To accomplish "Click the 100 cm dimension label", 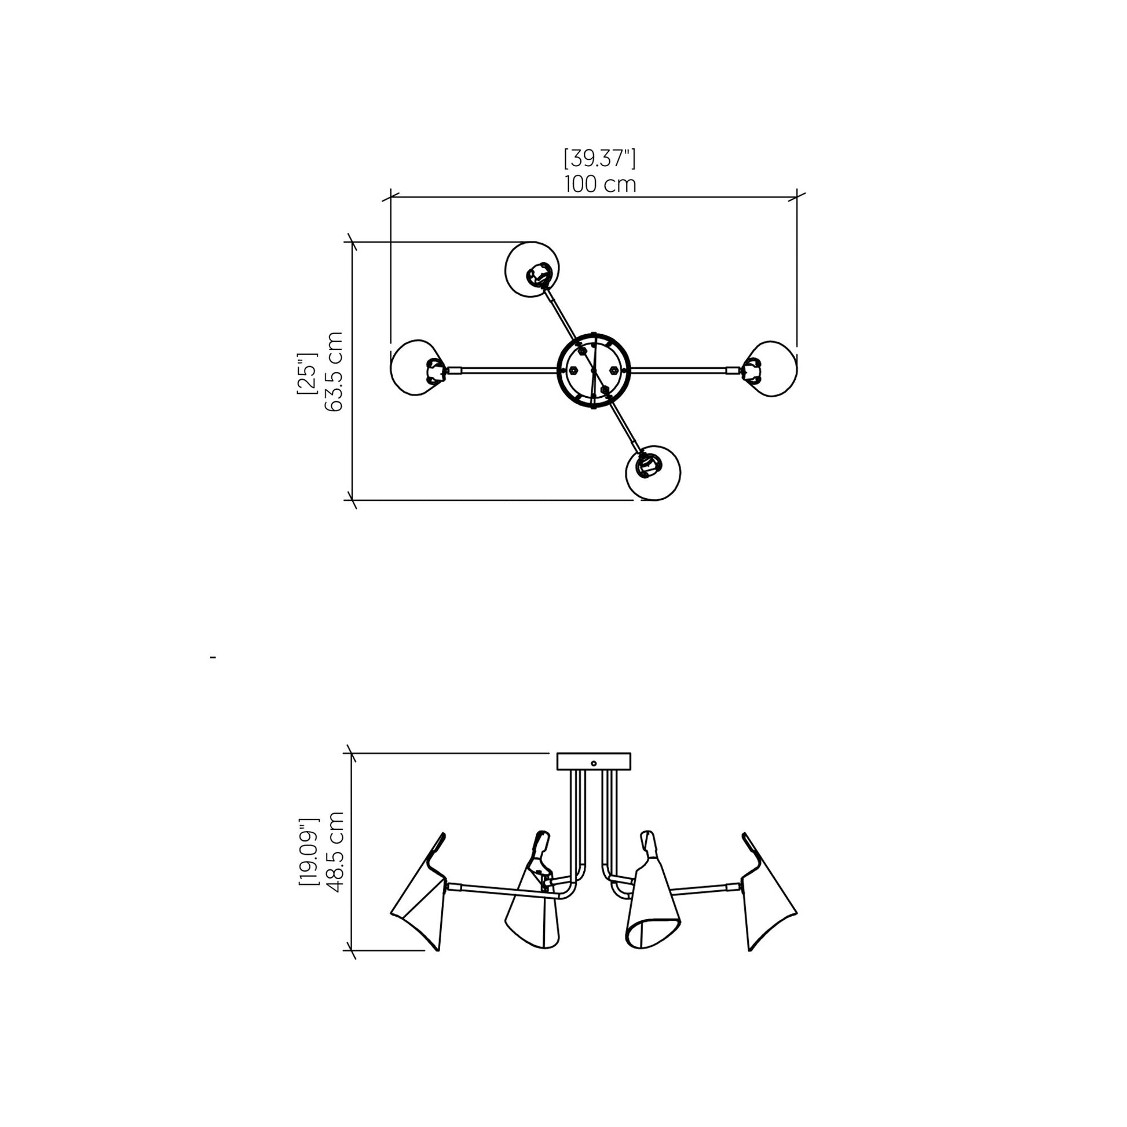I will (x=599, y=184).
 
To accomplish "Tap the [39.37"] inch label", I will (x=599, y=158).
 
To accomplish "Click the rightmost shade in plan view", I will (x=772, y=369).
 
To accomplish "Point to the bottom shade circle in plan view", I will (x=653, y=473).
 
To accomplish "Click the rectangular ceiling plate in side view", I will (x=593, y=761).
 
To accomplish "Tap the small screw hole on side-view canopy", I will (x=593, y=763).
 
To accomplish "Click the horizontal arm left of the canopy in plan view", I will (x=502, y=369).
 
